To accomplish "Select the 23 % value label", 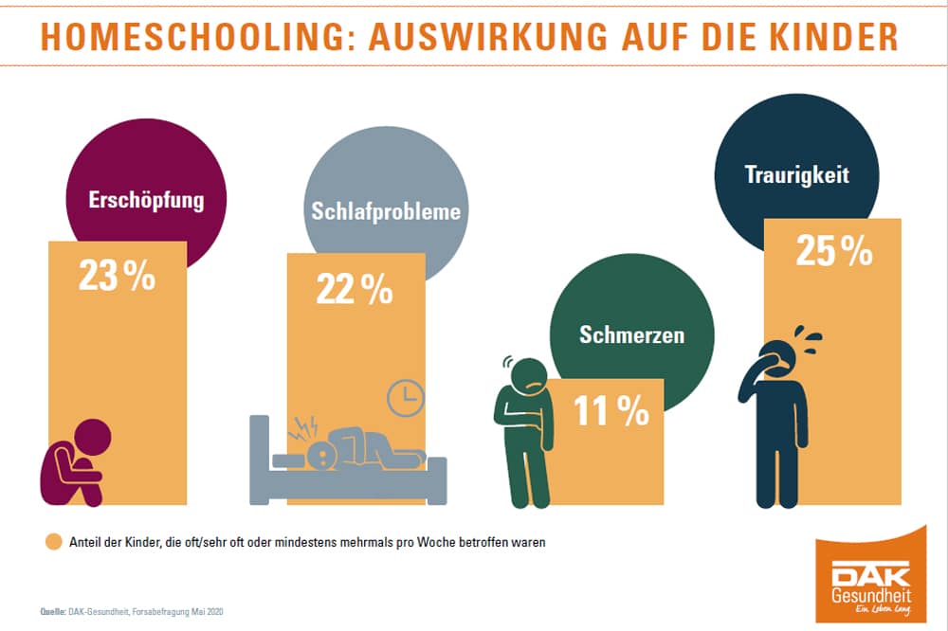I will [118, 277].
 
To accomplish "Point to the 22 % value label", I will [355, 289].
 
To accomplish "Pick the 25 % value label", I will [834, 250].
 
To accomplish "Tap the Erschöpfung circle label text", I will [146, 201].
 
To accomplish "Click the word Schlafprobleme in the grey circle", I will [386, 210].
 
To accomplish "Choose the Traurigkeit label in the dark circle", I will [795, 175].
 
